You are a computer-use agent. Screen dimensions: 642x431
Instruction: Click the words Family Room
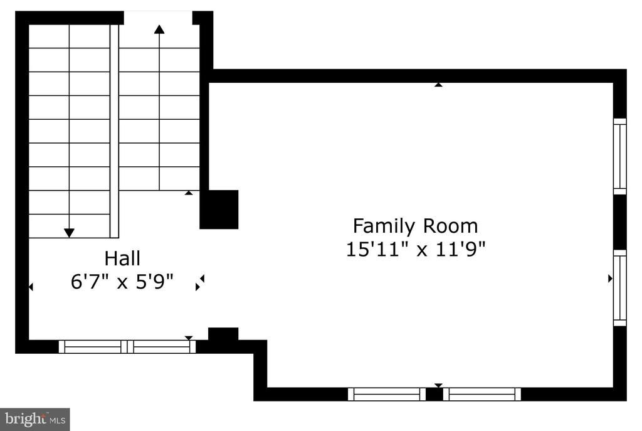pyautogui.click(x=415, y=226)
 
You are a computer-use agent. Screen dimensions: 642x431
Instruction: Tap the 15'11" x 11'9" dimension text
pyautogui.click(x=416, y=248)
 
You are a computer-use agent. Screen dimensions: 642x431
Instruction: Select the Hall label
pyautogui.click(x=122, y=258)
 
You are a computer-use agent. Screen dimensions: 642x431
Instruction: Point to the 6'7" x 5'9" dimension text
pyautogui.click(x=122, y=282)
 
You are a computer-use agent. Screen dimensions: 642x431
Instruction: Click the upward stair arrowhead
pyautogui.click(x=159, y=29)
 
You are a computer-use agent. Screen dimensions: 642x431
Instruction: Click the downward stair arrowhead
pyautogui.click(x=69, y=233)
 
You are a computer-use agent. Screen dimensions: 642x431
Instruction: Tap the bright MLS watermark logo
pyautogui.click(x=35, y=419)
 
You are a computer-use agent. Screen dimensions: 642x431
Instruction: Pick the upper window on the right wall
pyautogui.click(x=620, y=156)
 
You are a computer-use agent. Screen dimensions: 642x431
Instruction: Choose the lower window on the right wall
pyautogui.click(x=620, y=288)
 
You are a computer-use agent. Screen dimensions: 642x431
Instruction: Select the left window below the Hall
pyautogui.click(x=93, y=346)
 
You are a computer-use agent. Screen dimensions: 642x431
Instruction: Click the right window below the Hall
pyautogui.click(x=161, y=346)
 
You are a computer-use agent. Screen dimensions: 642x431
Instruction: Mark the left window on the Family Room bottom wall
pyautogui.click(x=387, y=394)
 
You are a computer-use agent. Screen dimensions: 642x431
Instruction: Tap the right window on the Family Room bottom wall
pyautogui.click(x=482, y=394)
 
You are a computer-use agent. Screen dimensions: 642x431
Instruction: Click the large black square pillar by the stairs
pyautogui.click(x=219, y=210)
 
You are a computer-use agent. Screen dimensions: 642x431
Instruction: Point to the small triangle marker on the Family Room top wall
pyautogui.click(x=438, y=85)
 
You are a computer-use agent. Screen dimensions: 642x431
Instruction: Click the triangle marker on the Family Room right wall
pyautogui.click(x=611, y=279)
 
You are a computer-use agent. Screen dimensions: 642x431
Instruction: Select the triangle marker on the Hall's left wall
pyautogui.click(x=31, y=287)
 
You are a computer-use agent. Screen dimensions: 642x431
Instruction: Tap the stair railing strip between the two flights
pyautogui.click(x=114, y=131)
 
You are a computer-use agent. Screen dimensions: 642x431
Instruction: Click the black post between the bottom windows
pyautogui.click(x=434, y=394)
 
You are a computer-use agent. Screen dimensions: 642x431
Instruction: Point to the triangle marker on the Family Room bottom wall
pyautogui.click(x=438, y=386)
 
